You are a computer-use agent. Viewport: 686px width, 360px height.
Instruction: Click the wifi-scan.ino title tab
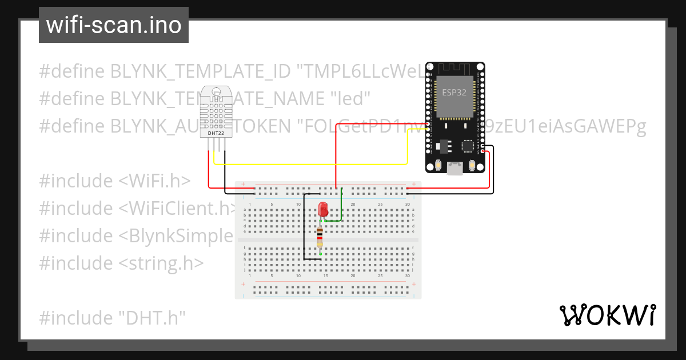click(114, 25)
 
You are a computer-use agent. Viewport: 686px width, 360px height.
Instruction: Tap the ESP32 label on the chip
click(454, 93)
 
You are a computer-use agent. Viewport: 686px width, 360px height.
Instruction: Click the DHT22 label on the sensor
click(216, 133)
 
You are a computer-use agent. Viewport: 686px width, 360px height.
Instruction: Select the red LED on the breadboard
click(322, 209)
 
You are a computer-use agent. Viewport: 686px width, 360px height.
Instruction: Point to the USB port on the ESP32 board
click(455, 168)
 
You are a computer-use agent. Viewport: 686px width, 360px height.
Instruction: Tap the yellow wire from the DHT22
click(309, 164)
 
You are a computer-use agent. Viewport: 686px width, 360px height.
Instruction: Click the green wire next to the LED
click(341, 206)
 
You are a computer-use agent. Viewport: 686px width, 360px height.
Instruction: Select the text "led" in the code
click(348, 99)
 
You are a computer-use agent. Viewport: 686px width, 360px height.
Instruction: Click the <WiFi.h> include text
click(154, 181)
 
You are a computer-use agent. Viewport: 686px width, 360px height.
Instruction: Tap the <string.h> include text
click(161, 263)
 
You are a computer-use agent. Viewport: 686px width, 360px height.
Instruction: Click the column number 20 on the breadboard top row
click(353, 205)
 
